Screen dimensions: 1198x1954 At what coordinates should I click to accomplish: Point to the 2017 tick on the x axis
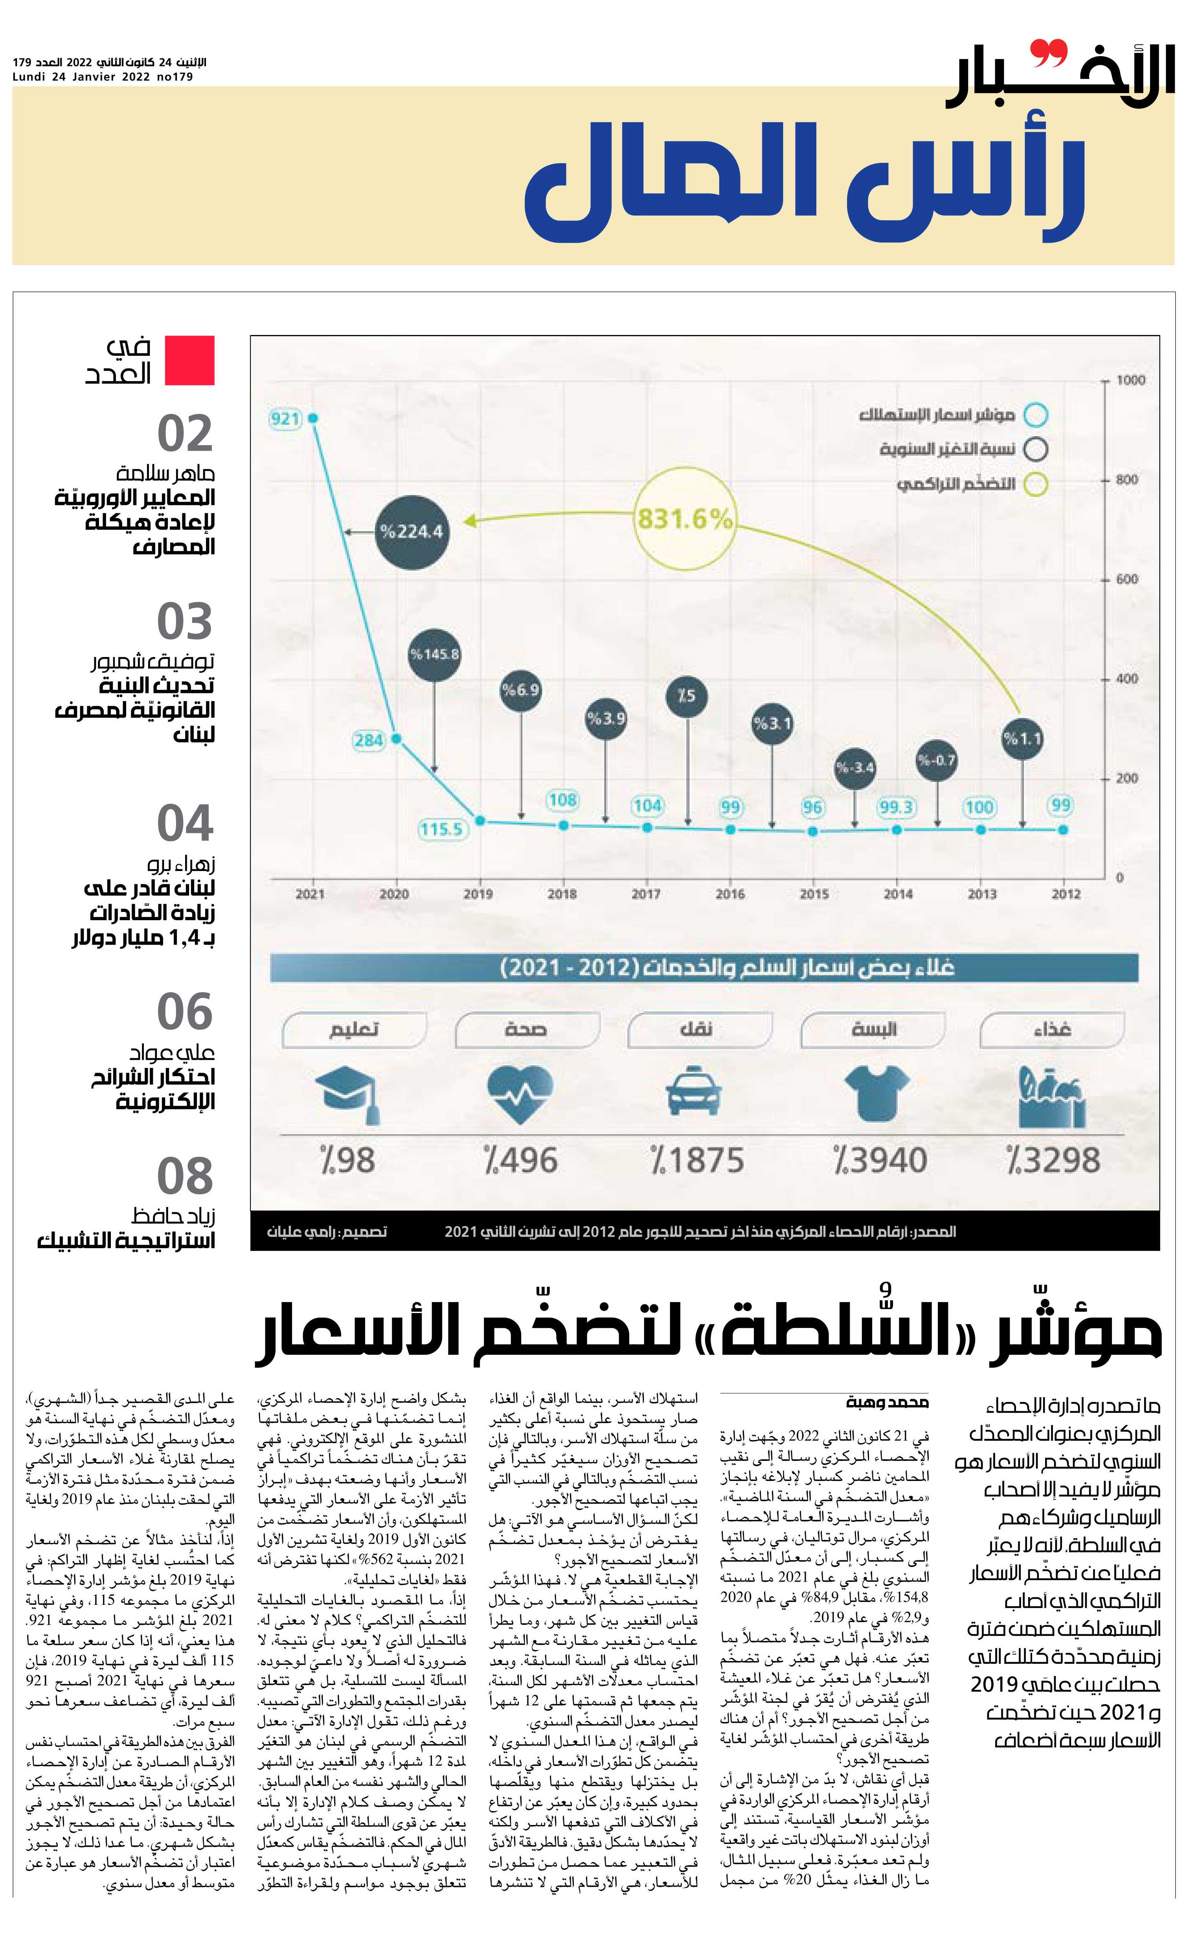[646, 894]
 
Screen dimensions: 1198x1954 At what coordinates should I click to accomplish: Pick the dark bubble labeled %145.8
[434, 655]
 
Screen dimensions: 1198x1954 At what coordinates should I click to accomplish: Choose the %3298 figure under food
[1053, 1160]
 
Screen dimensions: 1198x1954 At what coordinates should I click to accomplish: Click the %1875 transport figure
[697, 1160]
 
